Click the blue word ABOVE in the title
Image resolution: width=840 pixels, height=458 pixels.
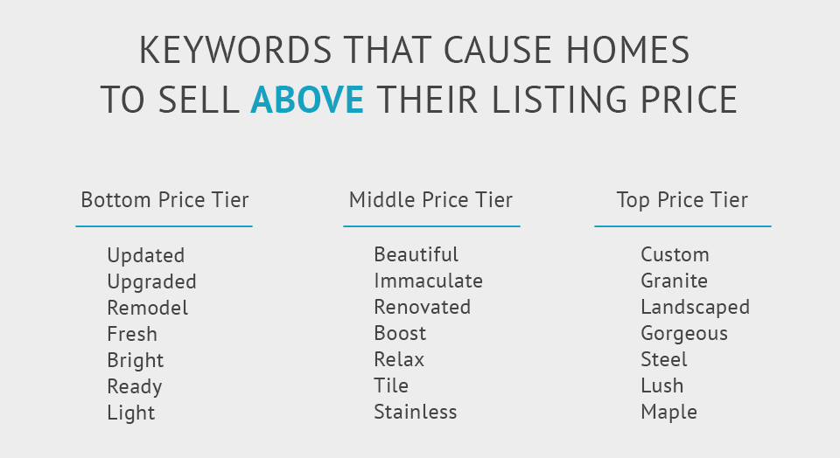(x=306, y=100)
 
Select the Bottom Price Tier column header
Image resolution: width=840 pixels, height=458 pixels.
(x=164, y=200)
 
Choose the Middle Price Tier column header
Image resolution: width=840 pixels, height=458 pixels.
(x=430, y=200)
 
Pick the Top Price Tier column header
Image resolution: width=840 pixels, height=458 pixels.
(x=682, y=200)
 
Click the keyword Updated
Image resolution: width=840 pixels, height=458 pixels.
(x=145, y=255)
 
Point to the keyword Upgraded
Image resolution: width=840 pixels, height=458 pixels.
(x=151, y=282)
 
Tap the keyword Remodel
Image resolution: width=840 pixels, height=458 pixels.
(x=147, y=308)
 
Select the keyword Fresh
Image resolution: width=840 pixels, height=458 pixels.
(x=132, y=334)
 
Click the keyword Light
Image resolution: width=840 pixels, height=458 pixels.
(x=130, y=413)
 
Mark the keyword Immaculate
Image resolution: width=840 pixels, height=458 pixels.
(x=428, y=281)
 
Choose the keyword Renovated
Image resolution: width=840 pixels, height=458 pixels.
(x=422, y=307)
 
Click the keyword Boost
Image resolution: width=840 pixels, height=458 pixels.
(x=400, y=333)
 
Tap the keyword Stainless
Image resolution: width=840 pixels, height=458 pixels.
(x=415, y=412)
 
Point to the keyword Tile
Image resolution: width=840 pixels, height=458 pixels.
(x=391, y=385)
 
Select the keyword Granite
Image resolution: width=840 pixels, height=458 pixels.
(x=674, y=281)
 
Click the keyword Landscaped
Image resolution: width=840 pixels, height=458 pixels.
(x=695, y=308)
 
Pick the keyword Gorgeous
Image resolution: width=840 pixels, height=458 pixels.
(x=683, y=334)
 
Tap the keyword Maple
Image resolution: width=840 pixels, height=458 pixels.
(x=668, y=412)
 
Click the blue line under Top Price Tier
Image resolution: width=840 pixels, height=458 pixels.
(x=682, y=226)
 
